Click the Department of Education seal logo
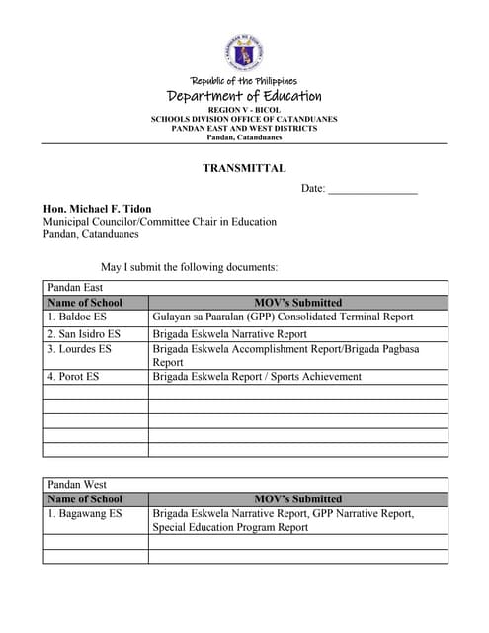click(x=244, y=52)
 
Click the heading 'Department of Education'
click(x=244, y=96)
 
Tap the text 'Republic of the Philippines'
click(x=244, y=81)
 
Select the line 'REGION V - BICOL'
click(x=244, y=109)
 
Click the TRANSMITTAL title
click(x=244, y=168)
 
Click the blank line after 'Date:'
click(x=372, y=189)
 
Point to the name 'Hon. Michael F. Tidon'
click(x=96, y=209)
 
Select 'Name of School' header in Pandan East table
click(x=85, y=303)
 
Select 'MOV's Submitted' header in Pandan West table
click(x=297, y=499)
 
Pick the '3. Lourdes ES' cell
click(x=80, y=349)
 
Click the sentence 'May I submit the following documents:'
click(x=189, y=267)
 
